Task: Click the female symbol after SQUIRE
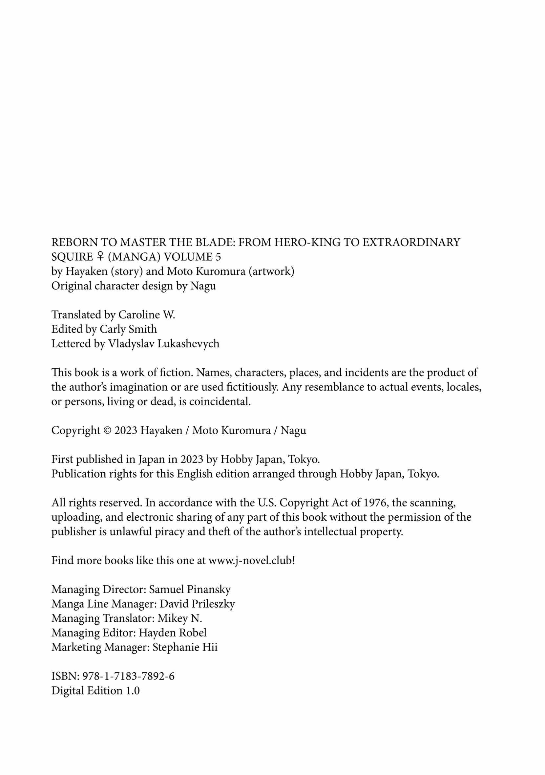tap(100, 257)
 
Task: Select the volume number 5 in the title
tap(218, 257)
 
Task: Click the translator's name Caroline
tap(139, 314)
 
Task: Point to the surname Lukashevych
tap(188, 344)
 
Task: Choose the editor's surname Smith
tap(143, 329)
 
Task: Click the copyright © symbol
tap(107, 430)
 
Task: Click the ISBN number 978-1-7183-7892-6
tap(128, 676)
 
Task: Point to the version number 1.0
tap(133, 691)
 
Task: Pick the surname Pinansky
tap(209, 589)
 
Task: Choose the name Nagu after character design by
tap(203, 286)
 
